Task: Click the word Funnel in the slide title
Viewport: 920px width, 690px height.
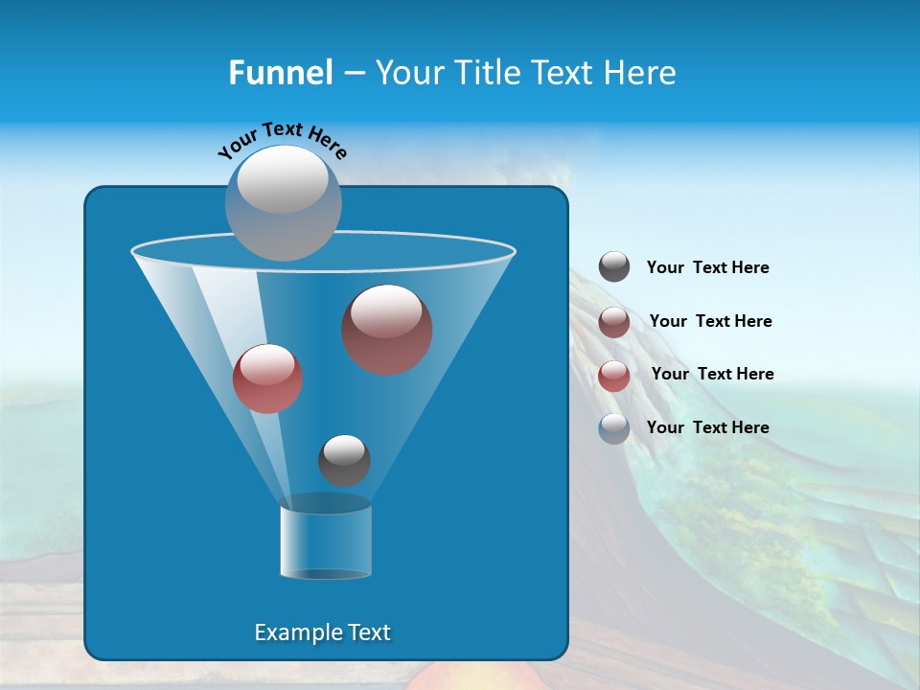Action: (x=280, y=73)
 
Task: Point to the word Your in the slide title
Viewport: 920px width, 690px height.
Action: (x=409, y=73)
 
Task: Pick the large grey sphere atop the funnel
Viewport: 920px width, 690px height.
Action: (x=283, y=202)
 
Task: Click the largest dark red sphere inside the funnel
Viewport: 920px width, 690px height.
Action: (x=387, y=330)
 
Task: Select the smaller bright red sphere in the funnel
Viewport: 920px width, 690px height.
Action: (x=267, y=379)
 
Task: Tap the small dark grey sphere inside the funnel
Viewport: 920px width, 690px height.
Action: (x=344, y=460)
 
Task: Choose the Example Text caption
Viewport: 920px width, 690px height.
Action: (x=323, y=632)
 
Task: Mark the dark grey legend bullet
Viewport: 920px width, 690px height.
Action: (x=614, y=266)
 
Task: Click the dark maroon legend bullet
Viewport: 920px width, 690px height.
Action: (x=614, y=322)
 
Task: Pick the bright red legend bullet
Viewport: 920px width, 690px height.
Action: (x=614, y=376)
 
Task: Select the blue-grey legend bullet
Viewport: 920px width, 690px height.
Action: (x=614, y=428)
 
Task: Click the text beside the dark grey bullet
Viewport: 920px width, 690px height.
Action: (x=708, y=268)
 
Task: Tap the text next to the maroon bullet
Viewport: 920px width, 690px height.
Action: (x=710, y=321)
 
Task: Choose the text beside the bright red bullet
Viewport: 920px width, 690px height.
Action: (x=712, y=374)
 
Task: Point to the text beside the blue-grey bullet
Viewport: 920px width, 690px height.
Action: (x=708, y=427)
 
